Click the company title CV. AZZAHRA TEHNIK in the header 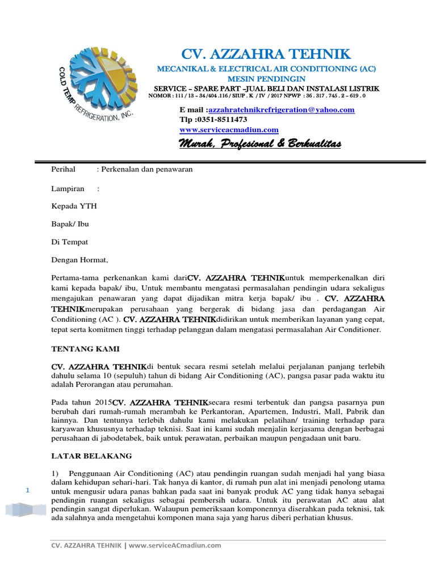coord(266,54)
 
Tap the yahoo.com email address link coord(282,110)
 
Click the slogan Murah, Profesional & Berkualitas coord(260,146)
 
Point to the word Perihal coord(63,169)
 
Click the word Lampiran coord(68,188)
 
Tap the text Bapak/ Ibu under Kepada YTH coord(70,224)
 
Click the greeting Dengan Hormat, coord(79,260)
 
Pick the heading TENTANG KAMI coord(85,348)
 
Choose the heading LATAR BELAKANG coord(91,456)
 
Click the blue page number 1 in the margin coord(27,490)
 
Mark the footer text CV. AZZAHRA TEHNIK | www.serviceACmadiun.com coord(136,546)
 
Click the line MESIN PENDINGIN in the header coord(266,79)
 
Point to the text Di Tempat coord(70,242)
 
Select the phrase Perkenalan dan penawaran coord(148,169)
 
